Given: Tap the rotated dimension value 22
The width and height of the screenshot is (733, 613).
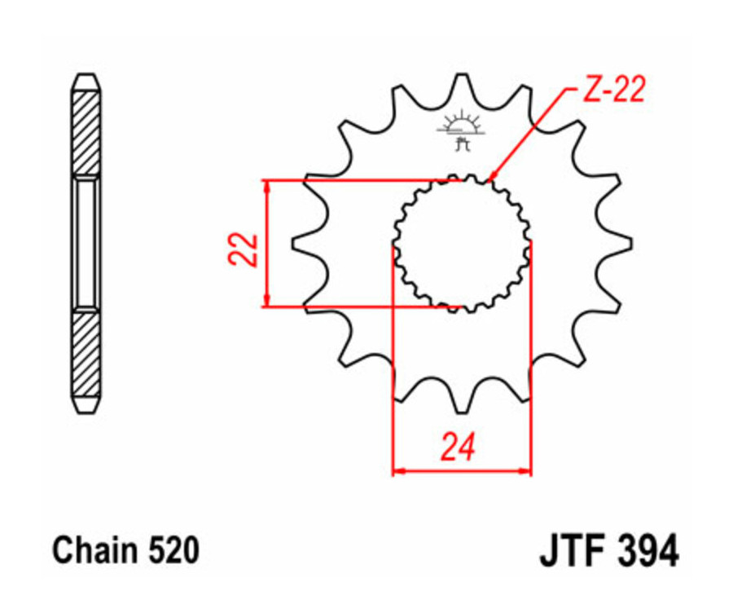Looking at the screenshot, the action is point(244,249).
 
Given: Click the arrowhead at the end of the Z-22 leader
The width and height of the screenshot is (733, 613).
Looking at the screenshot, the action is point(493,176).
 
